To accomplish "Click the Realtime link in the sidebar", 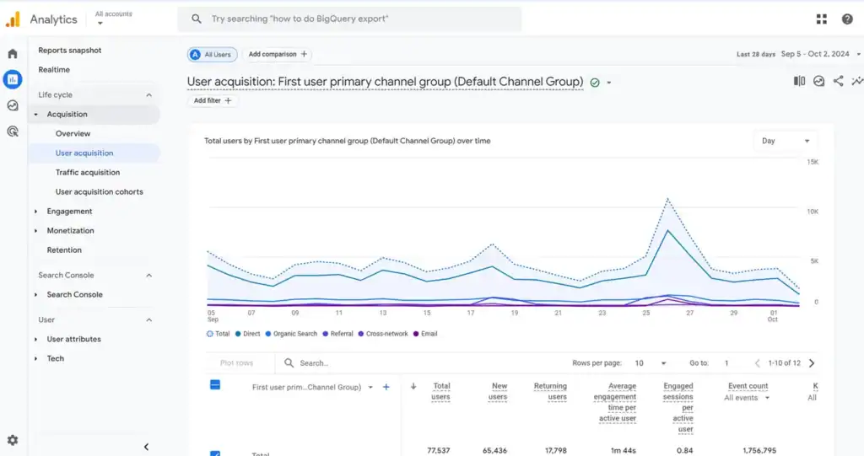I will pos(54,70).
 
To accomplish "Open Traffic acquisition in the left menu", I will pos(88,173).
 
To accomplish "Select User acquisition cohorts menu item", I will pos(99,192).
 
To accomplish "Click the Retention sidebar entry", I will pos(64,250).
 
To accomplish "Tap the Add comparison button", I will pos(278,55).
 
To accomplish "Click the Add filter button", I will pos(213,101).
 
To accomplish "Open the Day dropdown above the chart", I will pos(785,141).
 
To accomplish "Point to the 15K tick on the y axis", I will pos(813,162).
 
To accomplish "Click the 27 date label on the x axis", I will pos(689,313).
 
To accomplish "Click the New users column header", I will pos(498,391).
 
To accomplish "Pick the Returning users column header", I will pos(550,391).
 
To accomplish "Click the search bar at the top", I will pos(349,19).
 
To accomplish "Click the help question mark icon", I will pos(847,19).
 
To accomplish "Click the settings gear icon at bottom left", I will pos(13,440).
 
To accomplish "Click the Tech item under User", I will pos(55,359).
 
